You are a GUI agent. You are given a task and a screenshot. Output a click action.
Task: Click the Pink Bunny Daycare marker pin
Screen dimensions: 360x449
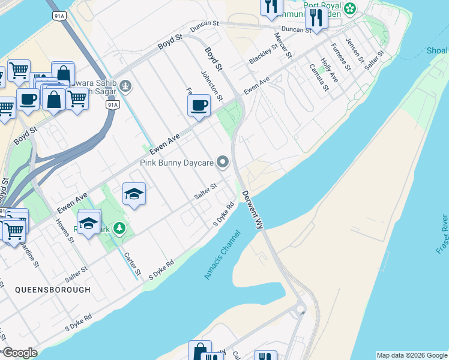click(x=223, y=162)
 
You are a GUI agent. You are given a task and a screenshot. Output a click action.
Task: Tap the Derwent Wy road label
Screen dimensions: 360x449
click(x=253, y=209)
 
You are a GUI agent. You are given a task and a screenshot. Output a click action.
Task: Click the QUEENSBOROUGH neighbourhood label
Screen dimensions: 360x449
click(x=53, y=289)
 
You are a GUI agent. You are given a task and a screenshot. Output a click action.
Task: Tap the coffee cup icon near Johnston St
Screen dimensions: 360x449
click(x=199, y=106)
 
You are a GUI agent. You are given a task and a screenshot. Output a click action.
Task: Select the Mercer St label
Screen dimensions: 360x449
click(x=283, y=46)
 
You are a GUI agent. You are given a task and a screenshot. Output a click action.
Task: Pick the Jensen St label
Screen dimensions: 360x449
click(x=355, y=50)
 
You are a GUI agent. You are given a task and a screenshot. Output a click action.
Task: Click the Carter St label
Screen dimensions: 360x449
click(x=132, y=263)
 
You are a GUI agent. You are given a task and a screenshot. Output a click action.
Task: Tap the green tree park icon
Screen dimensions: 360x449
click(x=119, y=228)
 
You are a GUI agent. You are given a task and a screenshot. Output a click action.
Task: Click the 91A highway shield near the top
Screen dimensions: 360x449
click(x=59, y=16)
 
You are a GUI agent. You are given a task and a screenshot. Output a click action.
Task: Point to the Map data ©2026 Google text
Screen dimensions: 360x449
click(x=412, y=355)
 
